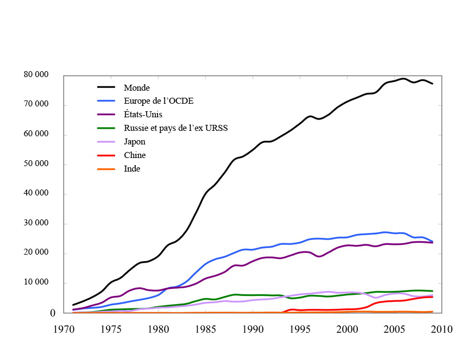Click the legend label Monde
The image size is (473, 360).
tap(136, 87)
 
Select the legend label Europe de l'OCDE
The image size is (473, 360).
tap(159, 101)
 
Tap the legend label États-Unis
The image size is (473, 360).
tap(143, 115)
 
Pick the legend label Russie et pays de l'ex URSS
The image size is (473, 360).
tap(175, 128)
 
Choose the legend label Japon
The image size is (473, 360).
tap(135, 142)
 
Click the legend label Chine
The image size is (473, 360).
tap(135, 155)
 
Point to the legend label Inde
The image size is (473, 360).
tap(132, 169)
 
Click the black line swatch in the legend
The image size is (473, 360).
tap(106, 87)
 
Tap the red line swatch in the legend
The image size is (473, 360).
tap(106, 155)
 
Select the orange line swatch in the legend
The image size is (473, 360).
tap(106, 169)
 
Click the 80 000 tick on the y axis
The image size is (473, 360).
tap(36, 75)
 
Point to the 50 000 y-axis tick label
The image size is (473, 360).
tap(36, 164)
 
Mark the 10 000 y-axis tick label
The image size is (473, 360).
tap(36, 283)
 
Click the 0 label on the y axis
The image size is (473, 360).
tap(53, 313)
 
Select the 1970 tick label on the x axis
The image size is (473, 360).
tap(64, 329)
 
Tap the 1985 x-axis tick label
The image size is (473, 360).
tap(205, 329)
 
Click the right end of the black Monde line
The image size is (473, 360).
tap(432, 84)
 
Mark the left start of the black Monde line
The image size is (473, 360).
tap(73, 305)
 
